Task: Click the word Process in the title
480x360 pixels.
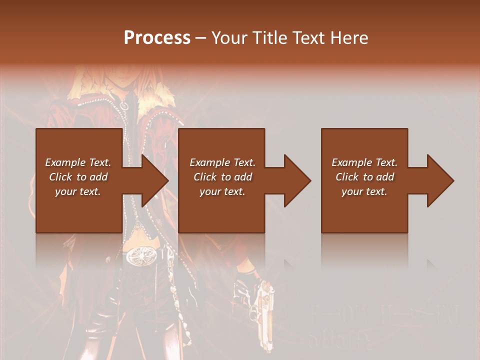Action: [x=157, y=38]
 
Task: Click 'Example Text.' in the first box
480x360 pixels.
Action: [x=78, y=162]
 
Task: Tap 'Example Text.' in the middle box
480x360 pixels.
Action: [x=222, y=162]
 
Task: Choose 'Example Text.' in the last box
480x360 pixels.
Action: [x=364, y=162]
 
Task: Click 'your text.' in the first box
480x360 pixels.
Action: [x=78, y=191]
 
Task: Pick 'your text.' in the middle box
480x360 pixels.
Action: [x=222, y=191]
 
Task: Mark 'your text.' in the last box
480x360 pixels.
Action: [x=364, y=191]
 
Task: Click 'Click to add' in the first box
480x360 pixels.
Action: [x=78, y=177]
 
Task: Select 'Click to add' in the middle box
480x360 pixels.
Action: [x=222, y=177]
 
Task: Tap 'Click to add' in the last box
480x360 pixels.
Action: [x=364, y=177]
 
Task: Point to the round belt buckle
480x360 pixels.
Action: [x=139, y=257]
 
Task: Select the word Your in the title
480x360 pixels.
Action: [x=229, y=38]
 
